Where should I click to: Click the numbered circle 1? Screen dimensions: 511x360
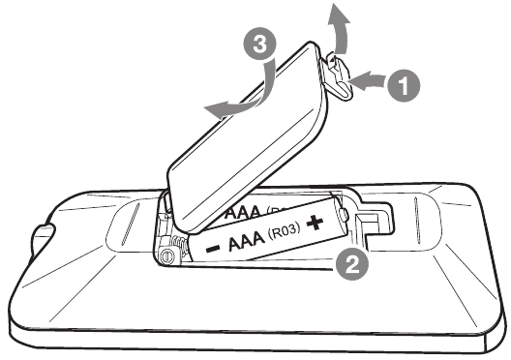(x=404, y=85)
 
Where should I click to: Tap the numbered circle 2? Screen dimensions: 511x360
(x=352, y=264)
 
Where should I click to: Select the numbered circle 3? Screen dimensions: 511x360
(x=259, y=44)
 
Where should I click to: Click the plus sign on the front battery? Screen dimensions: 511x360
(x=315, y=223)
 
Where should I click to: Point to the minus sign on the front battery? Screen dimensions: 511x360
(x=213, y=250)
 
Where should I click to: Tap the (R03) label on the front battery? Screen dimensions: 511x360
(x=284, y=231)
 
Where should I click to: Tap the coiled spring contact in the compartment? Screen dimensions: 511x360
(x=179, y=247)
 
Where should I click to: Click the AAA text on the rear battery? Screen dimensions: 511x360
(x=244, y=212)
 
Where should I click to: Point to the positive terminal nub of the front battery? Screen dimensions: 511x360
(x=344, y=214)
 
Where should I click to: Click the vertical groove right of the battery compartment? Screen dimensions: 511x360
(x=416, y=219)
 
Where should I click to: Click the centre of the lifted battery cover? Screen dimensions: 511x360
(x=248, y=136)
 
